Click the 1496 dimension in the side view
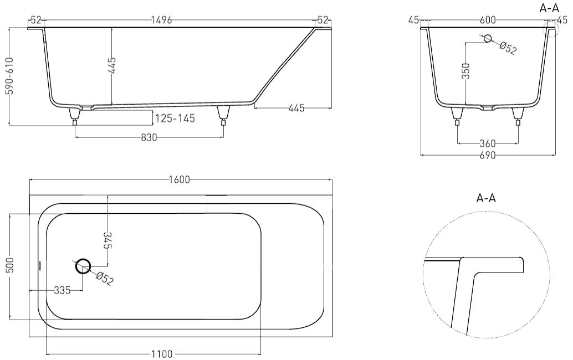(161, 20)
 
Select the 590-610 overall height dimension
(10, 76)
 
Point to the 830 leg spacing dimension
(149, 138)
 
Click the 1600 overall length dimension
(180, 179)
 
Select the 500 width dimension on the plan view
(10, 265)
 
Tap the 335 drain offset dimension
(62, 291)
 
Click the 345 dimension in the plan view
(108, 240)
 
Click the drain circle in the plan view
(83, 266)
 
